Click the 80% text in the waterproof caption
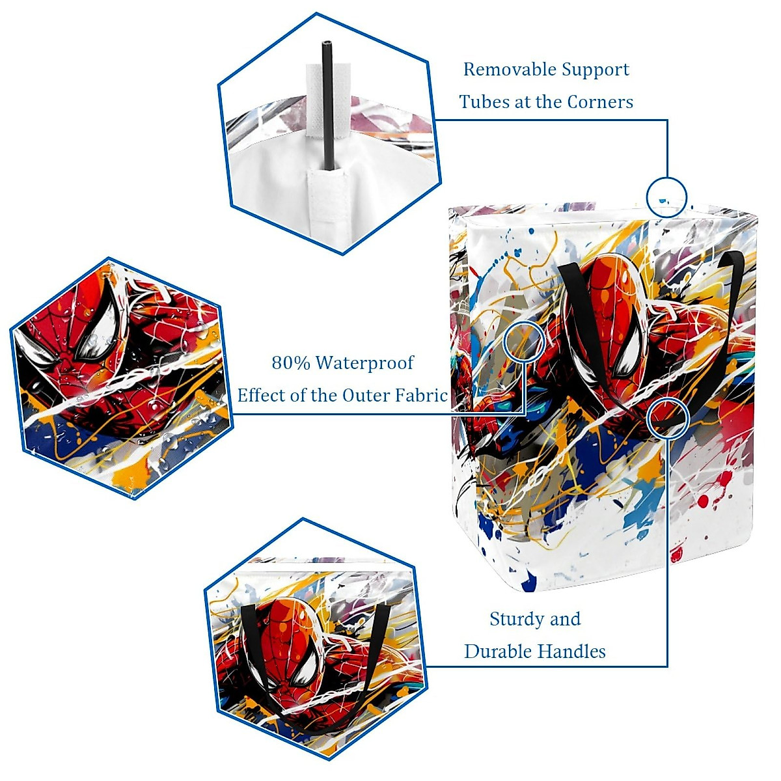(291, 363)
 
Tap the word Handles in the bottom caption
(573, 651)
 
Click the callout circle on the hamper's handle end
(668, 418)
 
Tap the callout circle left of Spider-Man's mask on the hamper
(525, 340)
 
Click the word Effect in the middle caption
(260, 395)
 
